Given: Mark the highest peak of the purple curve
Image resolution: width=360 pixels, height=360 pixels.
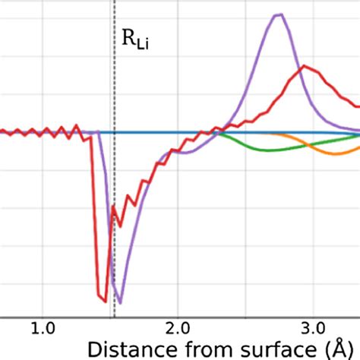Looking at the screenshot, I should coord(279,14).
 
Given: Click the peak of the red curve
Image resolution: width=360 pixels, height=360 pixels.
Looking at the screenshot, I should coord(304,66).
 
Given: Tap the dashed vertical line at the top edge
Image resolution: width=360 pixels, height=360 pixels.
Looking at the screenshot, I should coord(114,3).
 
